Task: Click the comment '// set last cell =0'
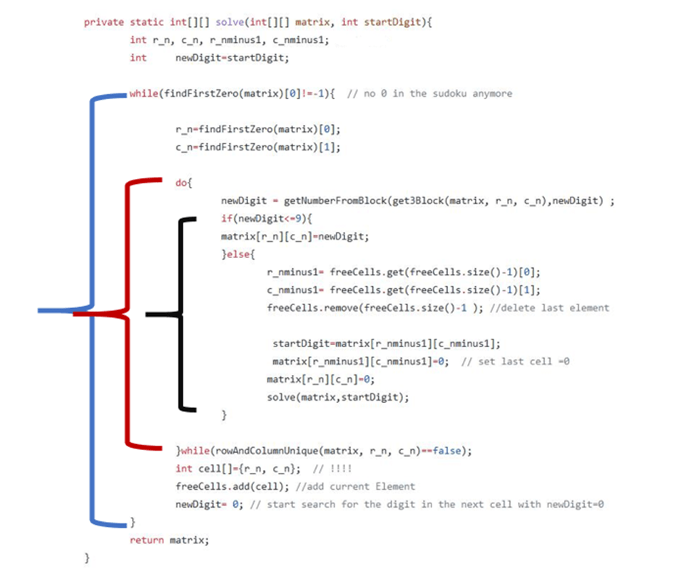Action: [515, 361]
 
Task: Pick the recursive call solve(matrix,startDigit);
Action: [338, 396]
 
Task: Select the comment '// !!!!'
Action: [332, 468]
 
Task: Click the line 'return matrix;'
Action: [170, 540]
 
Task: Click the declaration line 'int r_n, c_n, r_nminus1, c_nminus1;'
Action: [229, 40]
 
